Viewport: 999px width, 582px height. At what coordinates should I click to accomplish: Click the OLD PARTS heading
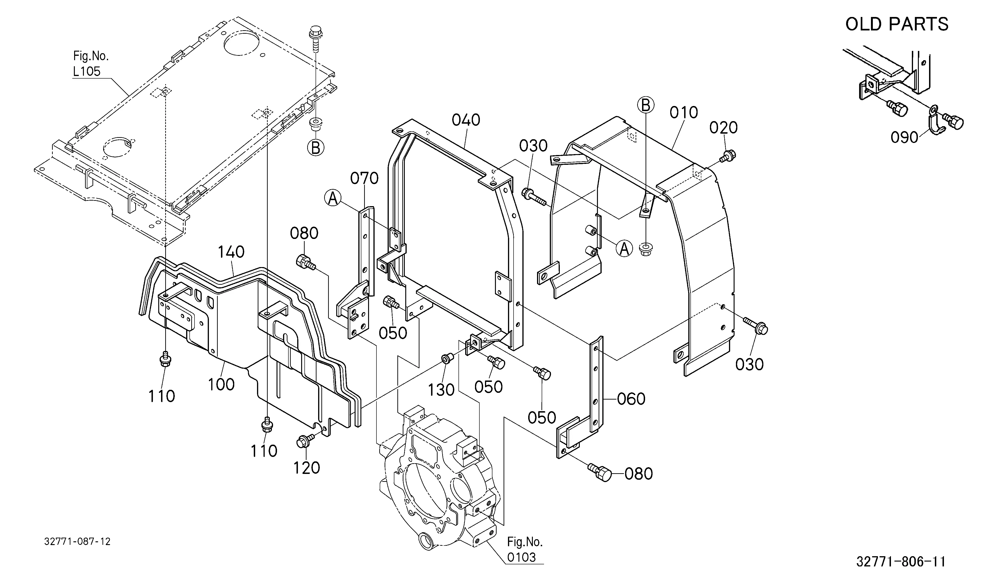pyautogui.click(x=897, y=24)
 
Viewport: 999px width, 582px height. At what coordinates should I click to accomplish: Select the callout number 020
pyautogui.click(x=723, y=128)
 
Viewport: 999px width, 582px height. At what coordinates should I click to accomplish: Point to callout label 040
pyautogui.click(x=466, y=120)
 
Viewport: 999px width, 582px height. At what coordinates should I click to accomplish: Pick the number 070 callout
pyautogui.click(x=364, y=179)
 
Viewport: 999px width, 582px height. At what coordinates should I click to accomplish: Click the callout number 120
pyautogui.click(x=307, y=468)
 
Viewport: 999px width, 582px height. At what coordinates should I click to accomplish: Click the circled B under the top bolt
pyautogui.click(x=316, y=148)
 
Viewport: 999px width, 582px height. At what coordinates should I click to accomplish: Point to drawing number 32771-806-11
pyautogui.click(x=901, y=562)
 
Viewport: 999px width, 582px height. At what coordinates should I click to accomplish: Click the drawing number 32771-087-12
pyautogui.click(x=77, y=542)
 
